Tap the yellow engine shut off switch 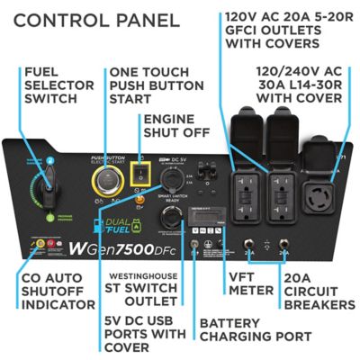139,171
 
